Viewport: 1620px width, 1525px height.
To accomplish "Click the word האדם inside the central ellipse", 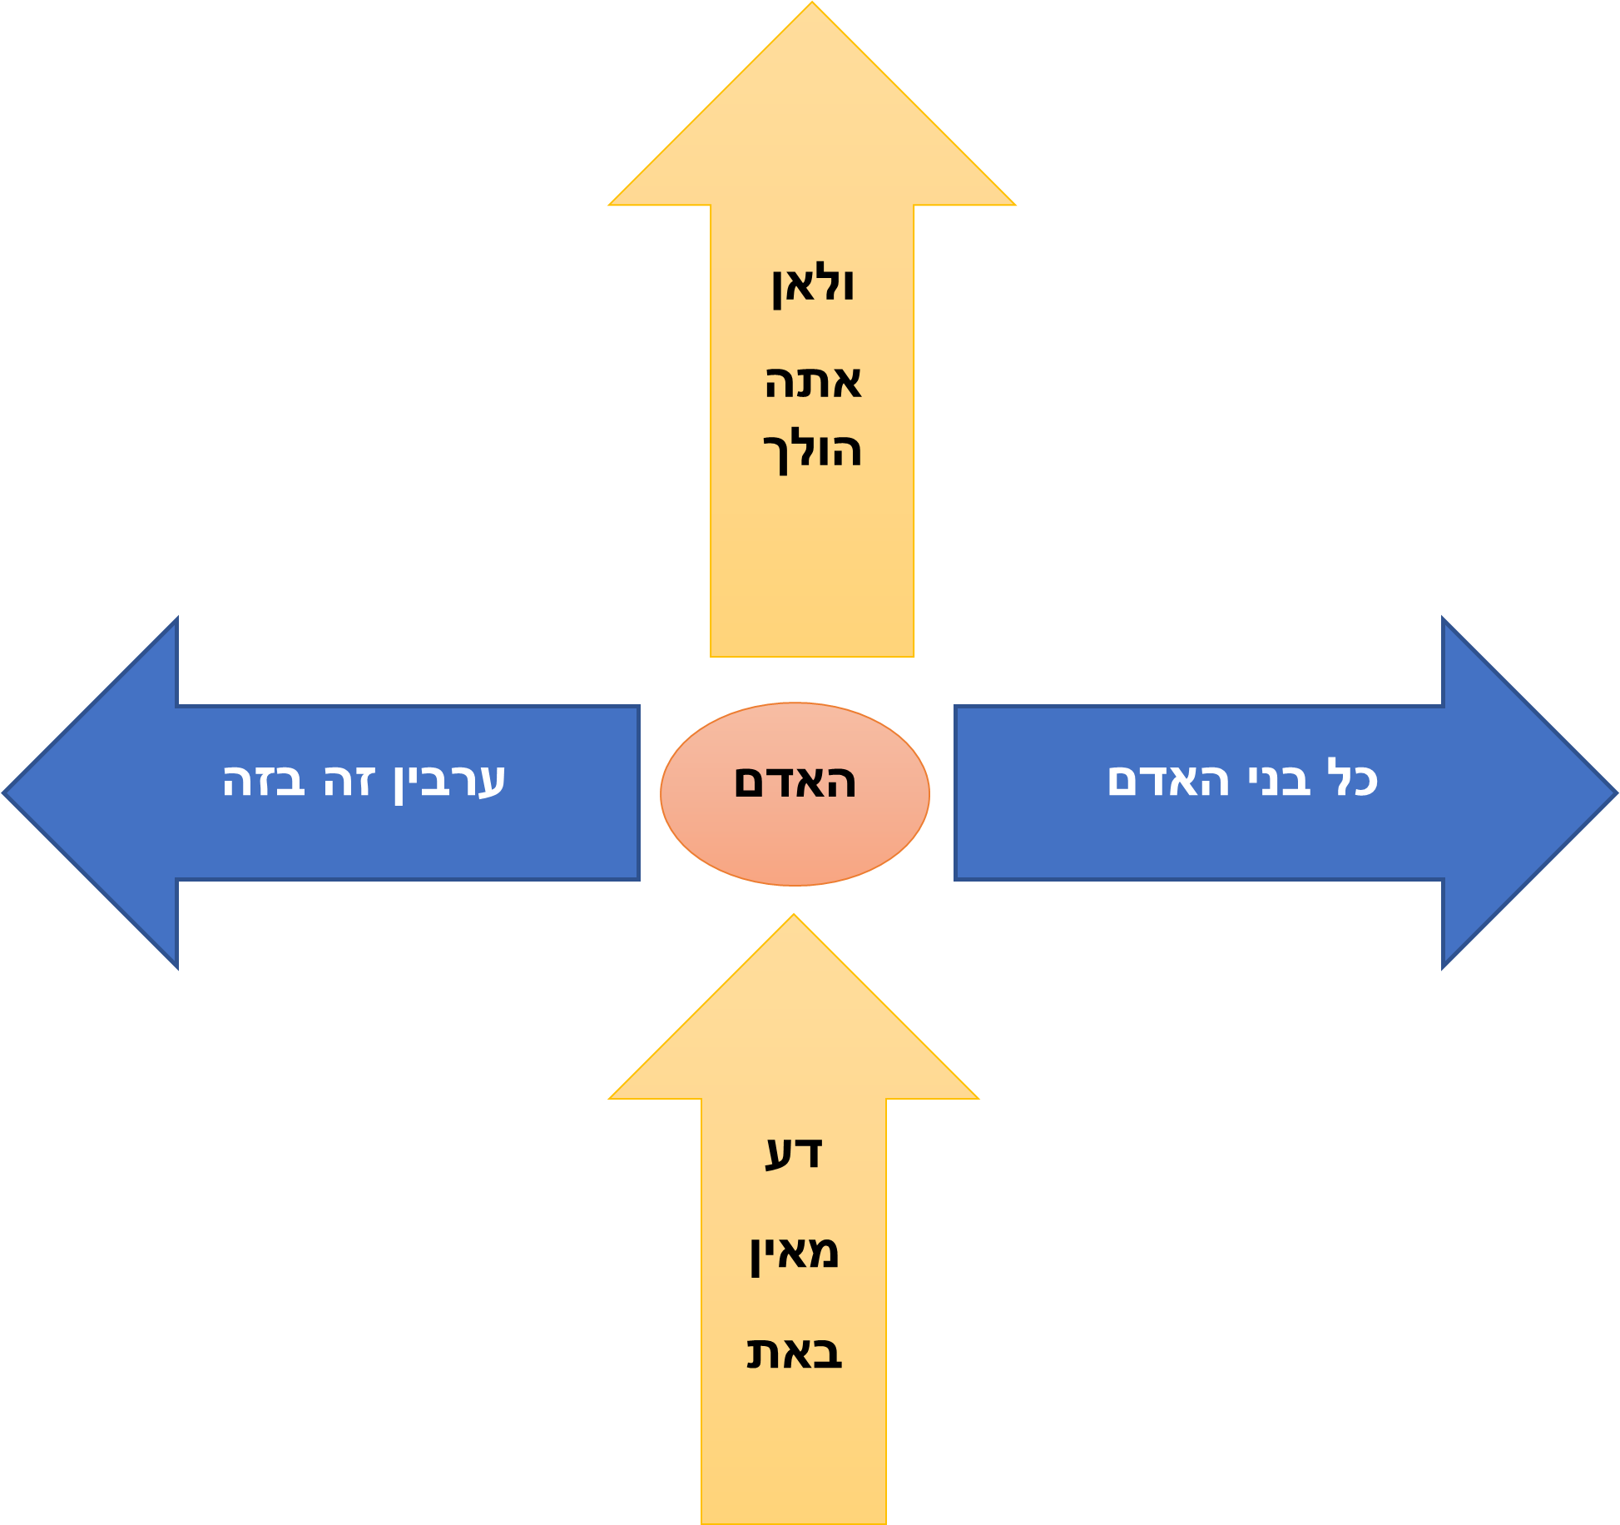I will pos(795,782).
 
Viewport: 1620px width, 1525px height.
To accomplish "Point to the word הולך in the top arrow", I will pos(813,450).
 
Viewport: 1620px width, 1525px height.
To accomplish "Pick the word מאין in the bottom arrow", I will pos(794,1253).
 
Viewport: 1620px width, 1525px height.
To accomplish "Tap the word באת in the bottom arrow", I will pos(794,1353).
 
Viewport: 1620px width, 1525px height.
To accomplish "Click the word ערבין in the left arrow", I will pos(449,781).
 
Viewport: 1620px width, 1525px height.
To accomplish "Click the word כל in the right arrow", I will pos(1352,779).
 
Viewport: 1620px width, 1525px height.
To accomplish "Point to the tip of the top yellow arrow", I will pos(812,5).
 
